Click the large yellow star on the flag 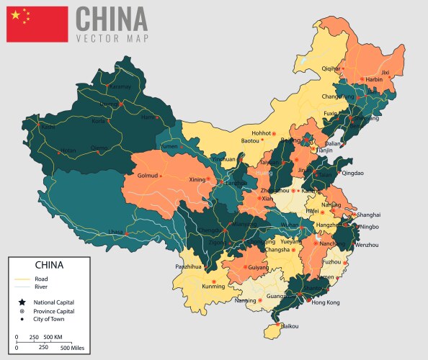tap(16, 14)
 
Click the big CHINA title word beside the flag tap(111, 18)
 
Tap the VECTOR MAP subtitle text tap(111, 37)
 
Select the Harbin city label tap(374, 79)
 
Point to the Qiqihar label tap(331, 68)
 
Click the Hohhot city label tap(261, 132)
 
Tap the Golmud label tap(146, 175)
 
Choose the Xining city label tap(197, 179)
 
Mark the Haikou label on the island tap(289, 326)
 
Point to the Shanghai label tap(368, 215)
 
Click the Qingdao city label tap(352, 173)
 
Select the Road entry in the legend tap(40, 279)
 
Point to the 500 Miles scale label tap(76, 348)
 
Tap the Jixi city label tap(385, 72)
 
